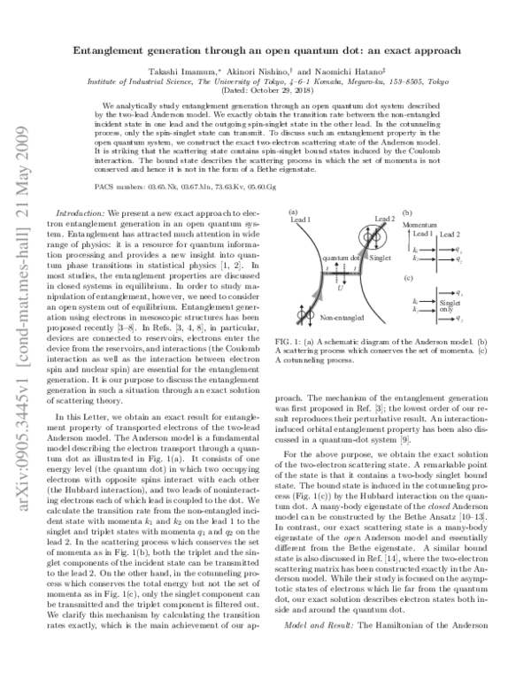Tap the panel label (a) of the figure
pyautogui.click(x=291, y=212)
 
